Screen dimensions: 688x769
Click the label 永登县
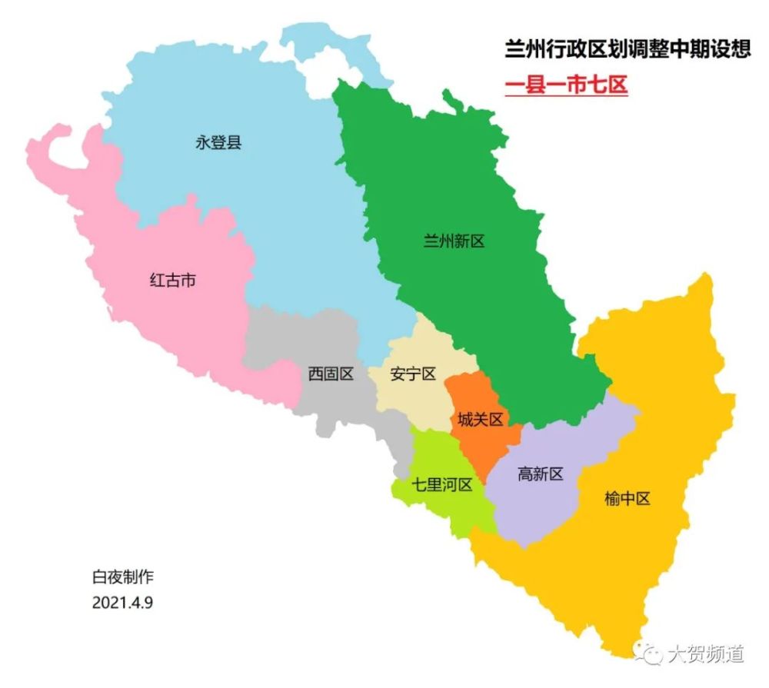pyautogui.click(x=218, y=142)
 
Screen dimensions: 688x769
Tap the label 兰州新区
pyautogui.click(x=454, y=241)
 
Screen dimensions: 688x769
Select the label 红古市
pyautogui.click(x=172, y=281)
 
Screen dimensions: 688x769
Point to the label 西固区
pyautogui.click(x=331, y=374)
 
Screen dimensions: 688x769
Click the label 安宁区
pyautogui.click(x=413, y=374)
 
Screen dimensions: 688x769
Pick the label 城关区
pyautogui.click(x=480, y=420)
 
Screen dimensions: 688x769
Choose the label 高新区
pyautogui.click(x=541, y=474)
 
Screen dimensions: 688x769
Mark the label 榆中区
pyautogui.click(x=628, y=499)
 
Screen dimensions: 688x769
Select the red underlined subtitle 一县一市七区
pyautogui.click(x=566, y=85)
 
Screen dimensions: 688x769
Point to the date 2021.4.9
pyautogui.click(x=122, y=601)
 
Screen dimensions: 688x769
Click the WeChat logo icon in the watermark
pyautogui.click(x=653, y=653)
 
